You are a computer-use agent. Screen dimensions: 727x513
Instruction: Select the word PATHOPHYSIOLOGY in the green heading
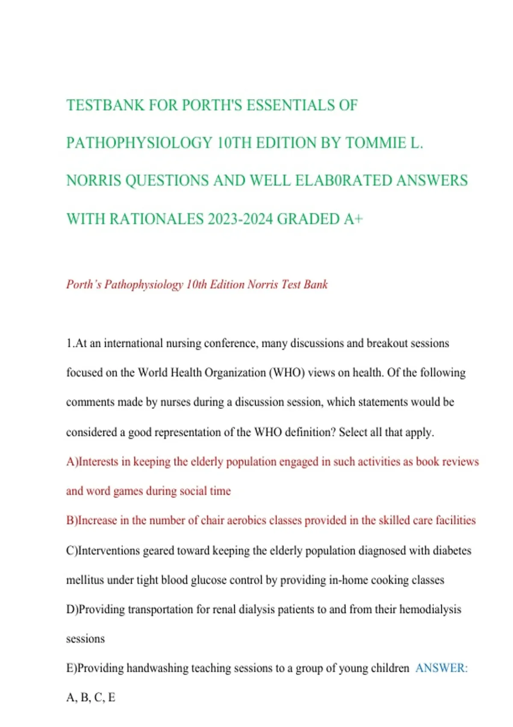click(139, 143)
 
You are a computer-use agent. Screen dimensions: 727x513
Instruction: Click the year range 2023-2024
click(240, 219)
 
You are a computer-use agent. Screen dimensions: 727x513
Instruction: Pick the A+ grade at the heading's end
click(353, 219)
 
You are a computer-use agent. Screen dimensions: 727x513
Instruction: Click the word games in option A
click(128, 491)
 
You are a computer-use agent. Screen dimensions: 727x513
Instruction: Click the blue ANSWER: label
click(441, 668)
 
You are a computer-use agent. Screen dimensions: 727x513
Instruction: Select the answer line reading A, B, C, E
click(91, 697)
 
